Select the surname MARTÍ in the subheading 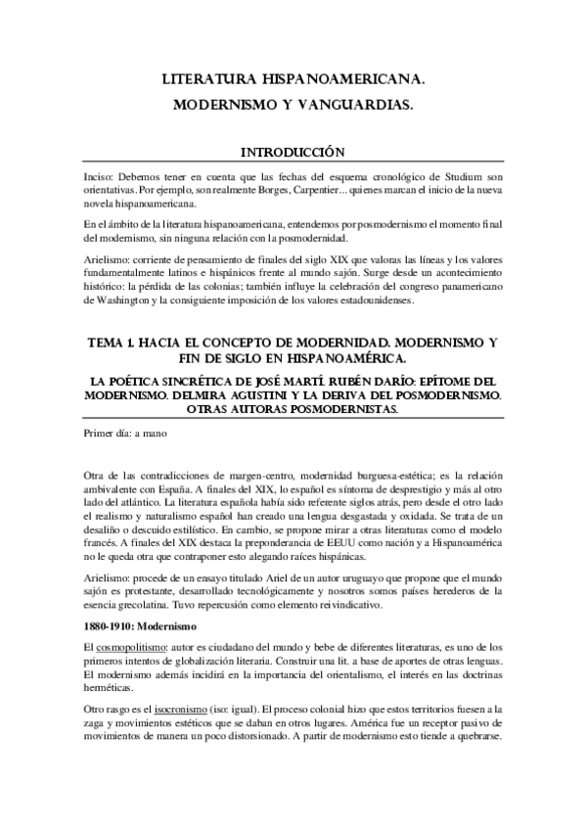tap(316, 381)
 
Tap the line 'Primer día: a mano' tap(125, 432)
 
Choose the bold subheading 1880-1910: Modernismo tap(141, 624)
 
